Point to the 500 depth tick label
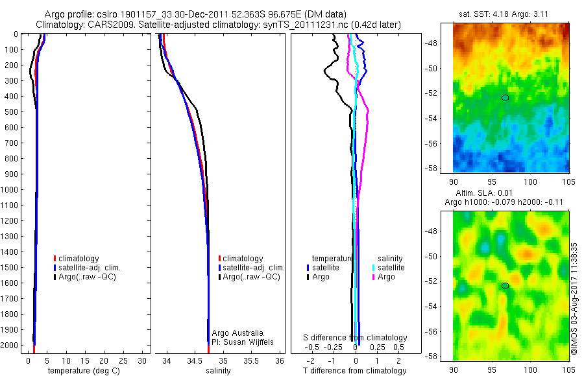pos(11,112)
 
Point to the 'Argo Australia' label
pos(239,333)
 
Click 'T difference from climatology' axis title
pos(356,371)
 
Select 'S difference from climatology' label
pos(356,338)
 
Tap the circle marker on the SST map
pos(505,98)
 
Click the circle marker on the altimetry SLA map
pos(505,286)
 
